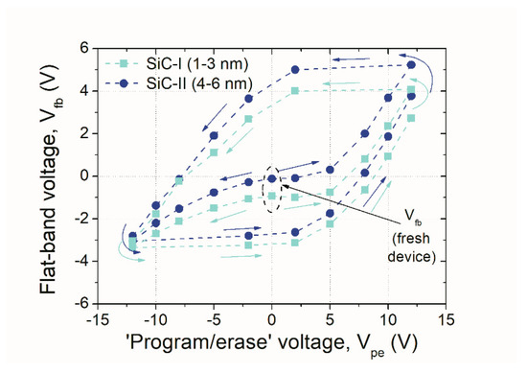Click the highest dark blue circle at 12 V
click(x=411, y=65)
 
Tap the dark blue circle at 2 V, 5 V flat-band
click(x=295, y=70)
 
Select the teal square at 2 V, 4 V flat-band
click(x=295, y=91)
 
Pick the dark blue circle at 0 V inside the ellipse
click(x=272, y=178)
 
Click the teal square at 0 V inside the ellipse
click(x=272, y=196)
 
